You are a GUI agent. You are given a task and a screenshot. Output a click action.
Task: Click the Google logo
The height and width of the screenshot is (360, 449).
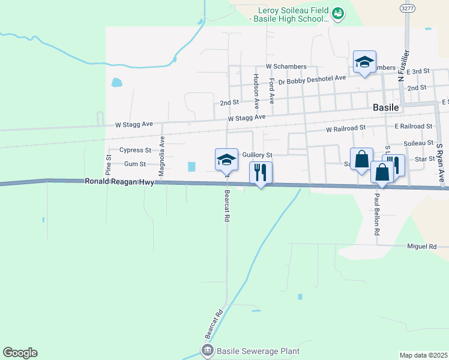[20, 353]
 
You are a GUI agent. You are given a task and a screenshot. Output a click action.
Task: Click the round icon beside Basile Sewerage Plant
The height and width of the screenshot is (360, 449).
[207, 350]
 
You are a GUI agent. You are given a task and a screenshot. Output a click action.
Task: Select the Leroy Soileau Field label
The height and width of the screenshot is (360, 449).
[293, 10]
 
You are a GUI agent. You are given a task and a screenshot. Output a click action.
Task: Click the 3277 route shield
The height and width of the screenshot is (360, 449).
[407, 8]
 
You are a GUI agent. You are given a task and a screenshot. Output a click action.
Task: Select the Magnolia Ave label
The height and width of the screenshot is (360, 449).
[161, 155]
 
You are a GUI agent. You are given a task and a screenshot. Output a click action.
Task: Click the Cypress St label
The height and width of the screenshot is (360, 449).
[135, 150]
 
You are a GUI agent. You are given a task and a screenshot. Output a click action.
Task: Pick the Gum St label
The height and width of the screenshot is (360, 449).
[135, 164]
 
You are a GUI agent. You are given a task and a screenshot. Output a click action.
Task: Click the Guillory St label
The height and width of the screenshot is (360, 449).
[258, 154]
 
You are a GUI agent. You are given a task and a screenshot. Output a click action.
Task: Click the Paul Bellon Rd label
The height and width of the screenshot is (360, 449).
[377, 214]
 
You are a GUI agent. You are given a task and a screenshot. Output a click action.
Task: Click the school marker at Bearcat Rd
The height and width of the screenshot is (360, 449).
[226, 160]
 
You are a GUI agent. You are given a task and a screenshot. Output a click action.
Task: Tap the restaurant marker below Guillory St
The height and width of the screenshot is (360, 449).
[261, 173]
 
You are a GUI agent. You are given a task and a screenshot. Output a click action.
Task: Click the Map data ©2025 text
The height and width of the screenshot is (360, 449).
[423, 355]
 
